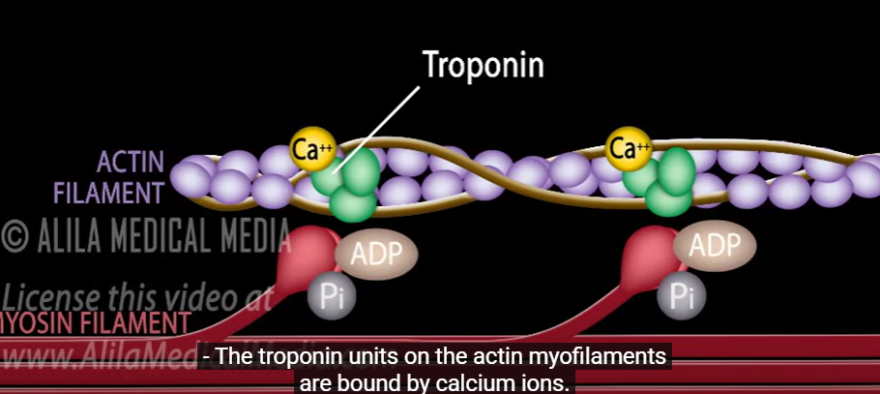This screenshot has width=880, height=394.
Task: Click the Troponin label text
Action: tap(484, 65)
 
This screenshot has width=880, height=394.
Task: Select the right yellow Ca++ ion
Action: tap(628, 149)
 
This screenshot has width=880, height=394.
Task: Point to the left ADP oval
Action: tap(376, 255)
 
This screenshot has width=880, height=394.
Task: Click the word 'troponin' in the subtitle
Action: tap(296, 357)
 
